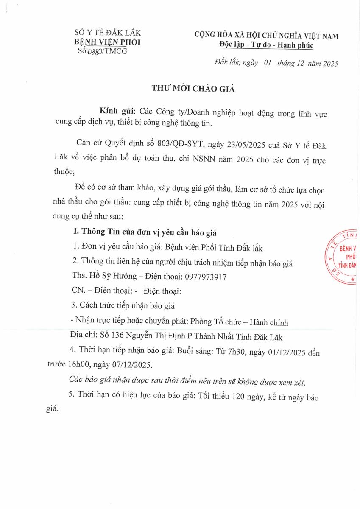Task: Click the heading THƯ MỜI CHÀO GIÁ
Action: click(x=193, y=89)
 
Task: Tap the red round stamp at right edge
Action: click(x=343, y=257)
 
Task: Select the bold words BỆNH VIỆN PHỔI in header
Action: click(x=107, y=42)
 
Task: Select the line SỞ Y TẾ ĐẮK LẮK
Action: click(x=107, y=33)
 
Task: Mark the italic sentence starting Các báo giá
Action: click(x=187, y=382)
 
